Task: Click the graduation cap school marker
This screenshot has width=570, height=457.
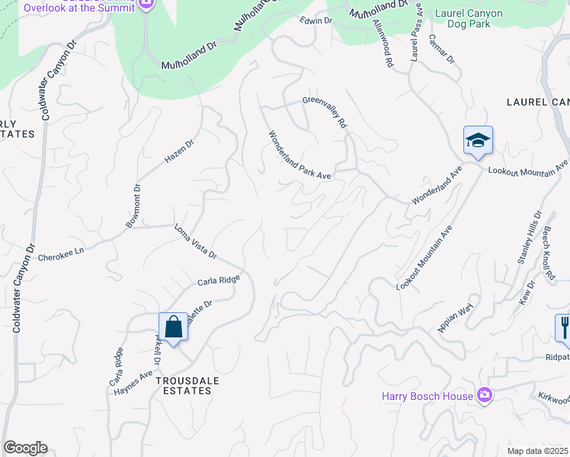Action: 478,141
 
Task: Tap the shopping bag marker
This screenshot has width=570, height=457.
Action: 174,328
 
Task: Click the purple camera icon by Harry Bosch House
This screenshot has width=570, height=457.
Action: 484,395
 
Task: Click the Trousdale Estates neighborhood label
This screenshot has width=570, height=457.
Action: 182,385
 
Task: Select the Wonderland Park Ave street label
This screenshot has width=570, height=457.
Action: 299,155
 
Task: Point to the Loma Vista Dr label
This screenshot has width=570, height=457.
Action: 196,241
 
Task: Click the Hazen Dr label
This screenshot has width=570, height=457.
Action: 180,151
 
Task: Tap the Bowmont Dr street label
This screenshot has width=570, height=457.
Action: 133,206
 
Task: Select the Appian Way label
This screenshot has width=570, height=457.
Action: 455,318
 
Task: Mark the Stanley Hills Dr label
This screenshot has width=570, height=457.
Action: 528,237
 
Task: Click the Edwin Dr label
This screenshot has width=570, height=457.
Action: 316,21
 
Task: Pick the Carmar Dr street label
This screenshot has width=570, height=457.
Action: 441,49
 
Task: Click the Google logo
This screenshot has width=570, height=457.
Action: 25,448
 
